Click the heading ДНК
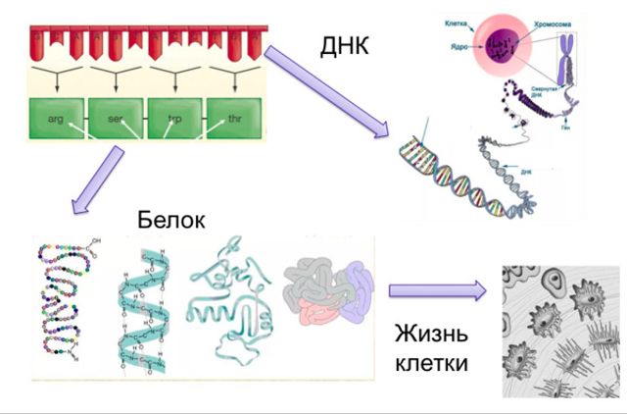(x=345, y=45)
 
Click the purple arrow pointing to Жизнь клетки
(x=437, y=290)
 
